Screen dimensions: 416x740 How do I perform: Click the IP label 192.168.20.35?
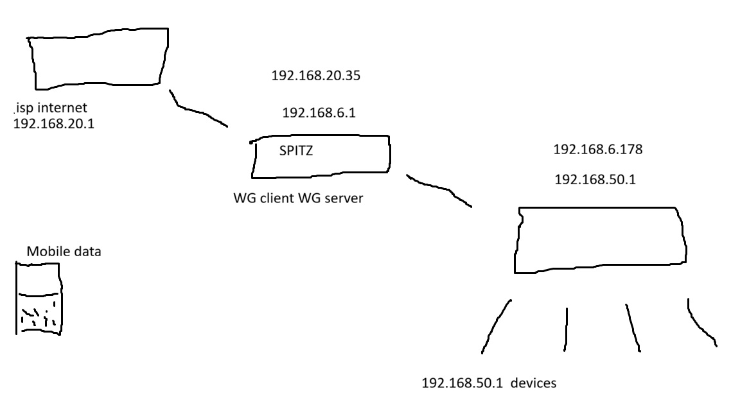point(316,76)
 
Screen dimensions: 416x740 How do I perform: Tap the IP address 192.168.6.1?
point(319,113)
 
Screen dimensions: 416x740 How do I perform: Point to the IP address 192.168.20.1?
point(54,123)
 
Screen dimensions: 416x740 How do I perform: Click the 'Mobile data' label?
point(64,252)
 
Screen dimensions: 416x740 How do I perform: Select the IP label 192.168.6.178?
point(598,150)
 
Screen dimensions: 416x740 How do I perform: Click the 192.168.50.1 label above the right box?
point(595,180)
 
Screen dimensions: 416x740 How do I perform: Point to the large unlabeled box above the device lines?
point(599,239)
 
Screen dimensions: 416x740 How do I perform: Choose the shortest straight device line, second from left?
point(567,329)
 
